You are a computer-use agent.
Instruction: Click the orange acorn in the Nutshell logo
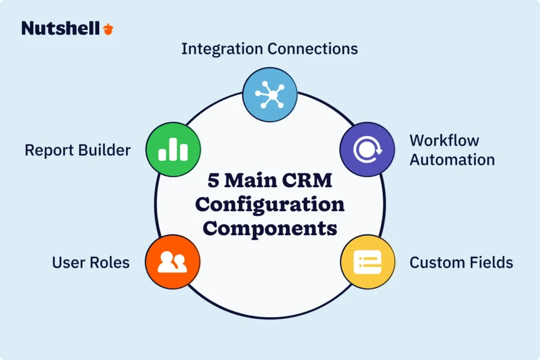pyautogui.click(x=108, y=28)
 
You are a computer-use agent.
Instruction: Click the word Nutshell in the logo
pyautogui.click(x=60, y=28)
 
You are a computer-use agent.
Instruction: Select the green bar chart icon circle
pyautogui.click(x=172, y=150)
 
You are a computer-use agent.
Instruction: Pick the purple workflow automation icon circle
pyautogui.click(x=367, y=150)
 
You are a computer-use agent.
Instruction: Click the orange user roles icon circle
pyautogui.click(x=172, y=261)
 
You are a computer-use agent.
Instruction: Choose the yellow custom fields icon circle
pyautogui.click(x=367, y=261)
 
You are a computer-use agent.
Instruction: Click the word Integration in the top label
pyautogui.click(x=221, y=49)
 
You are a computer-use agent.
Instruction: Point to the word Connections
pyautogui.click(x=313, y=49)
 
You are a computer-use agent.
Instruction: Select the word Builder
pyautogui.click(x=104, y=150)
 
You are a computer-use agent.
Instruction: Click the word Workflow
pyautogui.click(x=444, y=141)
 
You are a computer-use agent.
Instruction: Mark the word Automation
pyautogui.click(x=452, y=160)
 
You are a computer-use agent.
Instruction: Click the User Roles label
pyautogui.click(x=91, y=262)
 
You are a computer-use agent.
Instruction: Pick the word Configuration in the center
pyautogui.click(x=269, y=205)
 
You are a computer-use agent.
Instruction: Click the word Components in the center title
pyautogui.click(x=269, y=228)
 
